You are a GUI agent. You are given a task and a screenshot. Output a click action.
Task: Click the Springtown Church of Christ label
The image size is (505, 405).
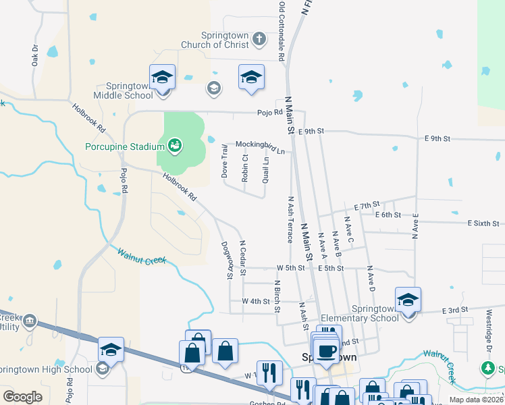point(215,40)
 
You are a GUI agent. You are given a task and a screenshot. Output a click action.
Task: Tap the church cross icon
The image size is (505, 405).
point(259,38)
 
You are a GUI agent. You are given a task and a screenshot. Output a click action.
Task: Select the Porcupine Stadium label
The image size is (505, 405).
point(124,146)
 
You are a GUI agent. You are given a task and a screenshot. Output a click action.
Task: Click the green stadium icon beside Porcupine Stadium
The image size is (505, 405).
point(174,144)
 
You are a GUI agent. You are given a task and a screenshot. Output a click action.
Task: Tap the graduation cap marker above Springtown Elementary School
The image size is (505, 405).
point(408,300)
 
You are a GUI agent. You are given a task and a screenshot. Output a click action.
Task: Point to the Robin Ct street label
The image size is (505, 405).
point(245,167)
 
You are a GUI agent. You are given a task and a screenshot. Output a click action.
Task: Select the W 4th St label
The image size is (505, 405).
point(257,300)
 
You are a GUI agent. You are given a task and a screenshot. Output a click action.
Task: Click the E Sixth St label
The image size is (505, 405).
point(483,223)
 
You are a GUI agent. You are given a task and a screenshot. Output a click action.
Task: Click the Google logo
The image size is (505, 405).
point(22,397)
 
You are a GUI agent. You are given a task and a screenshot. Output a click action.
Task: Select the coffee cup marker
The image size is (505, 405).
point(327,351)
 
